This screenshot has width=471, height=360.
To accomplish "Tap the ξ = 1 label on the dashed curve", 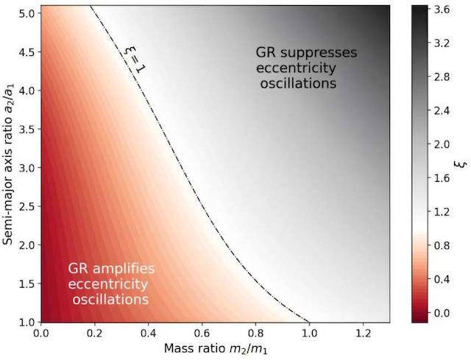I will click(132, 57).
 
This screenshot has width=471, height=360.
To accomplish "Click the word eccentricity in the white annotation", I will click(107, 284).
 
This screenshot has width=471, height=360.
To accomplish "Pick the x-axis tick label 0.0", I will click(41, 332).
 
